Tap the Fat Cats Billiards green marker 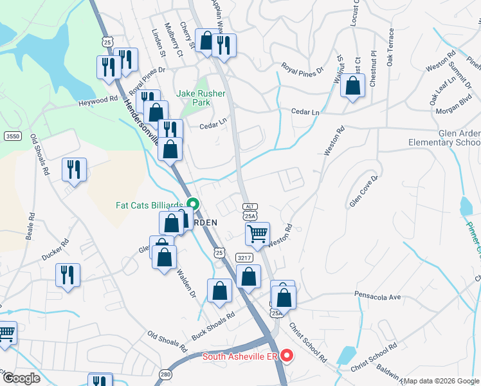pyautogui.click(x=192, y=207)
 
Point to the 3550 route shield pyautogui.click(x=12, y=136)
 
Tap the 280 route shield pyautogui.click(x=166, y=374)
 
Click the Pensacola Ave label pyautogui.click(x=377, y=296)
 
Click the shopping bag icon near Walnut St pyautogui.click(x=352, y=86)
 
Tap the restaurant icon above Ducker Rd pyautogui.click(x=67, y=275)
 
